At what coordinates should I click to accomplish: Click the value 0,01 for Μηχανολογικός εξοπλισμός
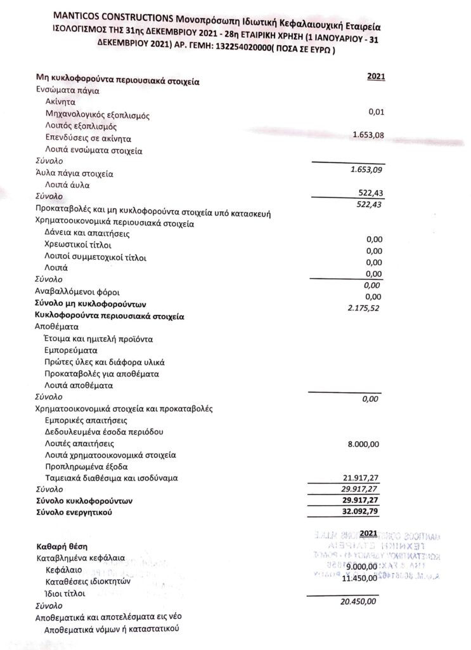tap(377, 112)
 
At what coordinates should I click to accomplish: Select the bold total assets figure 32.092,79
tap(361, 511)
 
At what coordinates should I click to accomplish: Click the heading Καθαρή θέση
tap(62, 547)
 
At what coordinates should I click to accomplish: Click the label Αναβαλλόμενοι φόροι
tap(74, 291)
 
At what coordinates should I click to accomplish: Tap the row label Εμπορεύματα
tap(71, 350)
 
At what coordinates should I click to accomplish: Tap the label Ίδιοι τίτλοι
tap(65, 594)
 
